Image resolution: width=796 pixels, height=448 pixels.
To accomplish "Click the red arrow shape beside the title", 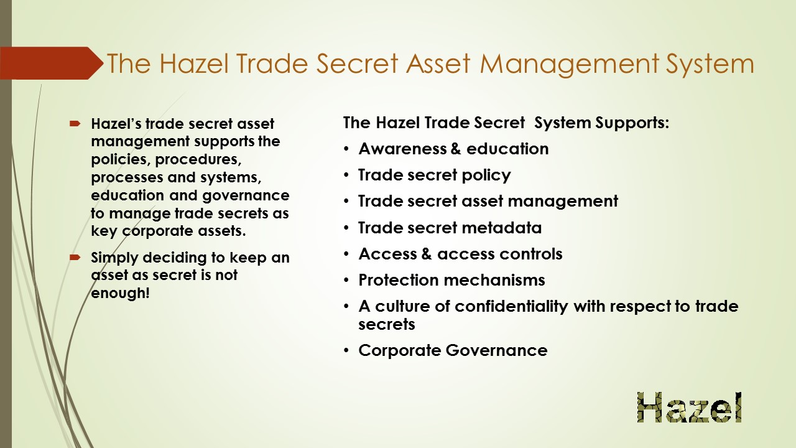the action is (x=52, y=63).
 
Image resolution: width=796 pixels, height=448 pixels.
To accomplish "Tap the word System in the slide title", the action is (x=710, y=64).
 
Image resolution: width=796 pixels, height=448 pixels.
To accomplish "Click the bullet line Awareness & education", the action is (x=453, y=149).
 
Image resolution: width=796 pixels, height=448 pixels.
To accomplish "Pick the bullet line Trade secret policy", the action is (x=434, y=175).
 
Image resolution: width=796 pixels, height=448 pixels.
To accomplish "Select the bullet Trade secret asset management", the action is (x=488, y=201).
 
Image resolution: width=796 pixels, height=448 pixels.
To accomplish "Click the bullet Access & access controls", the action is (x=460, y=254).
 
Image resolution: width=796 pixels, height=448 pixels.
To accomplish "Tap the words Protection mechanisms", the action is (x=451, y=280).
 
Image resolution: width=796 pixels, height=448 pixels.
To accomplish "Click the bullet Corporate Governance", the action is (x=453, y=350).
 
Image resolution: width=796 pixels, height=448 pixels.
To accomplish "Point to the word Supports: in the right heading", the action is (x=632, y=123).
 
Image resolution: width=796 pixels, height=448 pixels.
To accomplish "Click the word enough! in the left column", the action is (x=120, y=293).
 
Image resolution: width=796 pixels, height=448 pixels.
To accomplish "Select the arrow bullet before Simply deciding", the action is (x=75, y=258).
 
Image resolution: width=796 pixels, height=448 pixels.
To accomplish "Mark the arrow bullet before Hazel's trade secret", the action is (x=75, y=124).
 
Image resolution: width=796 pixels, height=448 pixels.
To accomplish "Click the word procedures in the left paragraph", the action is (x=198, y=160).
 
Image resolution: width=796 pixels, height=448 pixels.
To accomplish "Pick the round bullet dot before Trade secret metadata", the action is (x=346, y=228).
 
